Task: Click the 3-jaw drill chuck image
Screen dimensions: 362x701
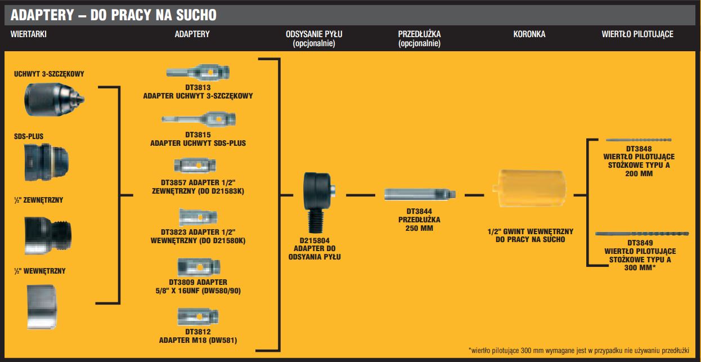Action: click(55, 99)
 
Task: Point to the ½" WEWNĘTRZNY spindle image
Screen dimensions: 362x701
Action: click(42, 306)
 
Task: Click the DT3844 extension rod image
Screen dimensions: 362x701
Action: click(420, 195)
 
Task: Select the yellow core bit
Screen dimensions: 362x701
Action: click(530, 195)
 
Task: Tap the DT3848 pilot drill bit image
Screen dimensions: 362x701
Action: click(639, 140)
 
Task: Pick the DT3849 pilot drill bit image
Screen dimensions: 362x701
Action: click(639, 234)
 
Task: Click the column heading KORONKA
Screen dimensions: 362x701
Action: click(529, 34)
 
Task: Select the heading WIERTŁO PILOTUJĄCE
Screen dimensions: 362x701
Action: click(637, 34)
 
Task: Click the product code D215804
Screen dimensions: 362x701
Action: click(318, 240)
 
